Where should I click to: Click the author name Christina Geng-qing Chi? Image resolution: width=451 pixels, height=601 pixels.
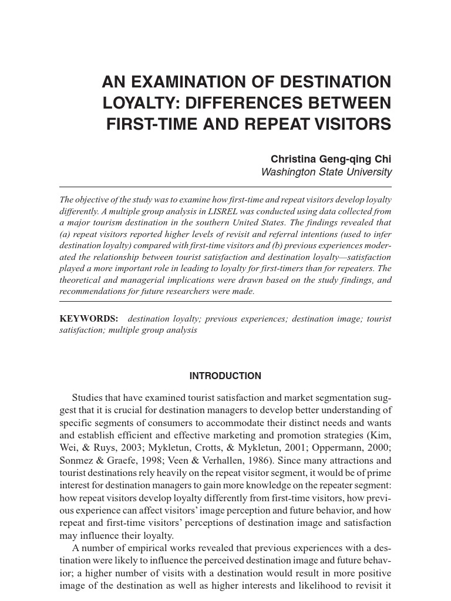[331, 160]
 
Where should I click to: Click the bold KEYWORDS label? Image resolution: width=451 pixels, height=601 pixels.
[89, 319]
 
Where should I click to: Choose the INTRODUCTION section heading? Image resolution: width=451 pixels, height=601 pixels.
[225, 376]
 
